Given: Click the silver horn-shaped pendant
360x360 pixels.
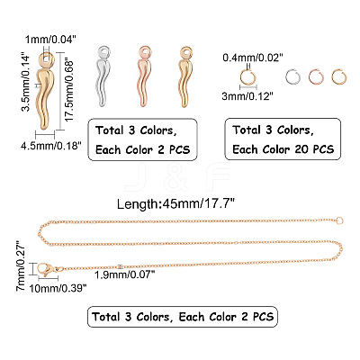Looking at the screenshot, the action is point(103,76).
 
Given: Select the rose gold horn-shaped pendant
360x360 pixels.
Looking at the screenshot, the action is point(145,76).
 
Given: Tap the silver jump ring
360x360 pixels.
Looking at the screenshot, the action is point(292,76).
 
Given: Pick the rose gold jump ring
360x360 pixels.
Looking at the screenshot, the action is point(316,76).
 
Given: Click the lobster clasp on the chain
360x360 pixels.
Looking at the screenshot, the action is point(46,269).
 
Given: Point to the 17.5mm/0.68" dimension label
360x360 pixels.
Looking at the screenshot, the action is point(69,91).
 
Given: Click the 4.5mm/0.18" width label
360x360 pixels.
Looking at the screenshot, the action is point(51,146).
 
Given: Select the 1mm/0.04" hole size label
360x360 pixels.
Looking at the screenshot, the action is point(50,39).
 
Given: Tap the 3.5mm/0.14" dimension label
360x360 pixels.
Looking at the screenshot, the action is point(27,83).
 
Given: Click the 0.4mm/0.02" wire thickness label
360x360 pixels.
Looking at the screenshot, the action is point(253,58).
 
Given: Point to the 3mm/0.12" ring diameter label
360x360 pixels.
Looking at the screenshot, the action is point(247,96).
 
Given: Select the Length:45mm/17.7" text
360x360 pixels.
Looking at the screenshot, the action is point(175,204).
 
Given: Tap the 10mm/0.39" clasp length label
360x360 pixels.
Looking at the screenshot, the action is point(58,288).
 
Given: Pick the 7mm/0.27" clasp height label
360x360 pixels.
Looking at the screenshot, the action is point(22,265).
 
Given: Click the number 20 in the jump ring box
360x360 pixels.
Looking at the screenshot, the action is point(302,149).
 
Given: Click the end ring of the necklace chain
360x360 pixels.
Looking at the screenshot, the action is point(339,221).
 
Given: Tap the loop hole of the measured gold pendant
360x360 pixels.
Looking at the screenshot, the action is point(47,58).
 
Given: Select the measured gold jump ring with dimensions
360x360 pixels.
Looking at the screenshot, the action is point(247,77).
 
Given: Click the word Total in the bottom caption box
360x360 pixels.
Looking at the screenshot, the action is point(106,317).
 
